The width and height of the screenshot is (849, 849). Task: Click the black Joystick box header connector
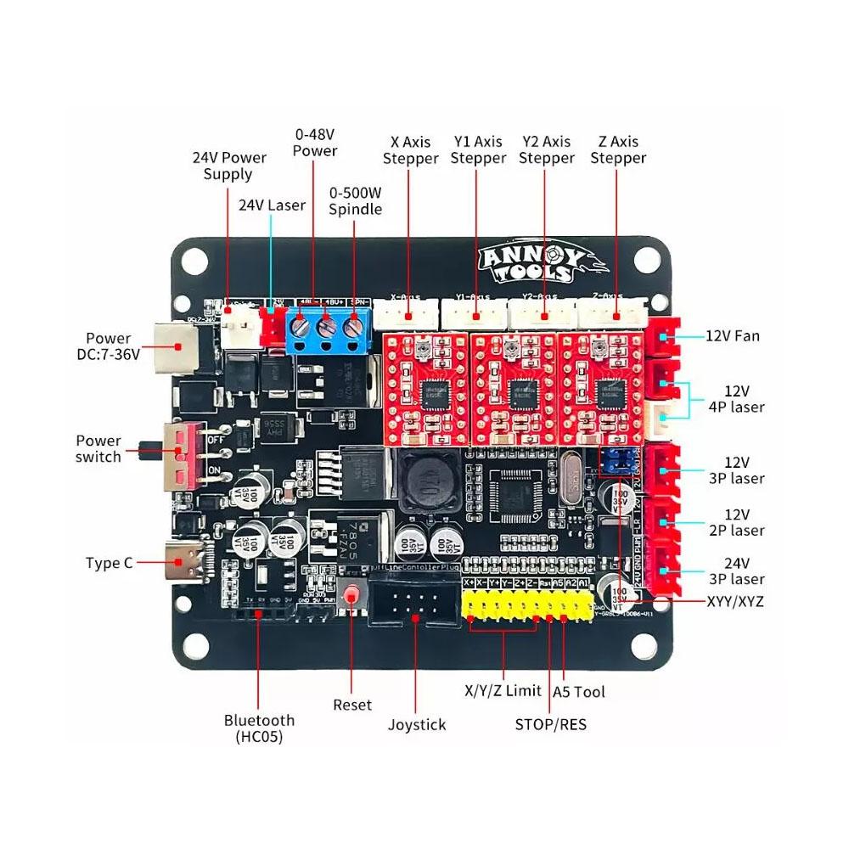point(415,602)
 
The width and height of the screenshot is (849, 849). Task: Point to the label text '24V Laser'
point(272,205)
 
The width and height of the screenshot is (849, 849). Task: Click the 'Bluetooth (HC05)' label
point(259,728)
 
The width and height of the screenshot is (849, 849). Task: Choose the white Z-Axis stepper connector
point(614,315)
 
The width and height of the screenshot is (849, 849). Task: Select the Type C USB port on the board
point(186,562)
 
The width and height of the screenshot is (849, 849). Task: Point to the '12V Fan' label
point(733,335)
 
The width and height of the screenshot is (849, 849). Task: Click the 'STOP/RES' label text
point(550,724)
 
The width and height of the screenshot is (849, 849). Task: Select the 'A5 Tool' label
point(579,692)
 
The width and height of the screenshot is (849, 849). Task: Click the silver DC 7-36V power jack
point(175,346)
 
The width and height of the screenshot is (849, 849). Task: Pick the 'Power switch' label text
point(98,448)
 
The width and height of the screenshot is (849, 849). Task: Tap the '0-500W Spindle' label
point(355,200)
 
